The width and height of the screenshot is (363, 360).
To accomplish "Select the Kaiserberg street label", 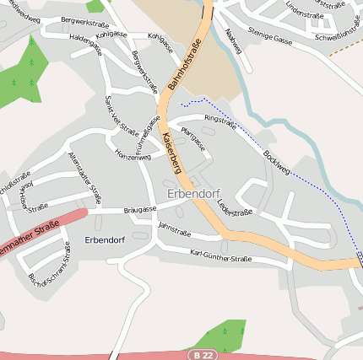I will (171, 152).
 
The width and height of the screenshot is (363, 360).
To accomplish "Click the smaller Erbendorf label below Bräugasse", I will (105, 239).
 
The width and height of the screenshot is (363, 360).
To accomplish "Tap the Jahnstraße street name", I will (175, 229).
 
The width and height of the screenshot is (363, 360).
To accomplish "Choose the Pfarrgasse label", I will (193, 139).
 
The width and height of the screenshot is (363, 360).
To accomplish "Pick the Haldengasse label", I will (86, 44).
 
